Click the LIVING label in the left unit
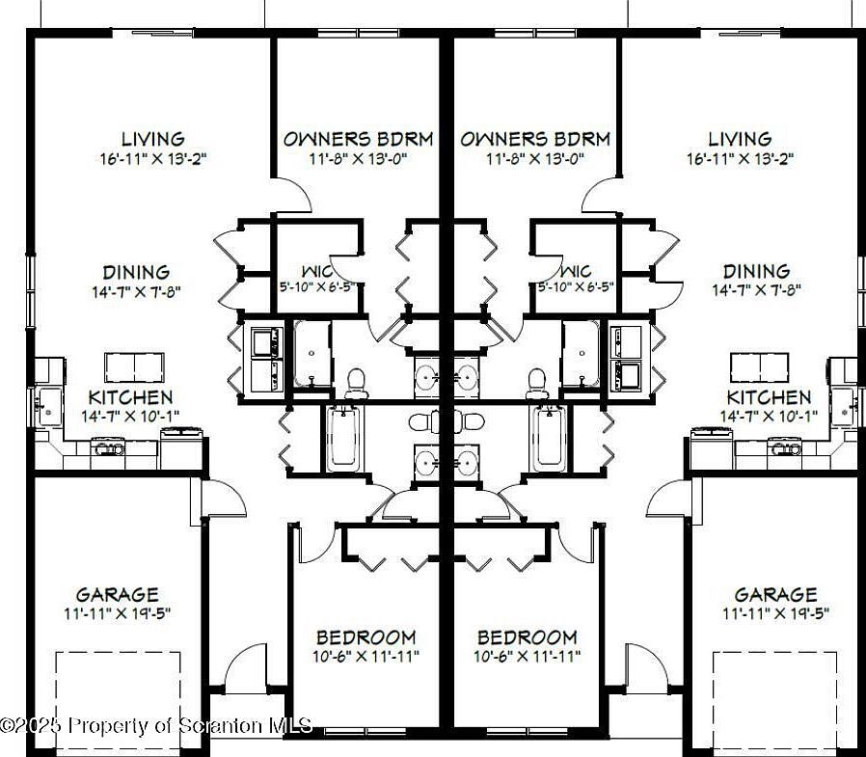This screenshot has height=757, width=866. pos(153,139)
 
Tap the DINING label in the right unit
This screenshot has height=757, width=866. pos(756,272)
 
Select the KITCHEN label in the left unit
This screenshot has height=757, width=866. pos(130,397)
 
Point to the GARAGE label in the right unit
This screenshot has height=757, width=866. pos(775,595)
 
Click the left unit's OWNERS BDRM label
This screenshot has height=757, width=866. pos(358,139)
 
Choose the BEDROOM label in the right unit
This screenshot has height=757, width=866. pos(528,637)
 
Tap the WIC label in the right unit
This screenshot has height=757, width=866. pos(576,272)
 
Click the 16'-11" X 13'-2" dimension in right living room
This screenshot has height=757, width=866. pos(740,157)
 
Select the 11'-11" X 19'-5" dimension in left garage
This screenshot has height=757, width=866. pos(118,613)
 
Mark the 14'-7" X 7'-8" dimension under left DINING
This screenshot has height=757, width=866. pos(136,290)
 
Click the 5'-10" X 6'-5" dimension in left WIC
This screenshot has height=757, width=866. pos(317,286)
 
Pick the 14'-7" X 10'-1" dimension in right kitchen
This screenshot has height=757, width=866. pos(769,416)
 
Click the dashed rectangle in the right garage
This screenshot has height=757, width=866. pos(774,699)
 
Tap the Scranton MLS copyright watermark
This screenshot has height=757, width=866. pos(156,725)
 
